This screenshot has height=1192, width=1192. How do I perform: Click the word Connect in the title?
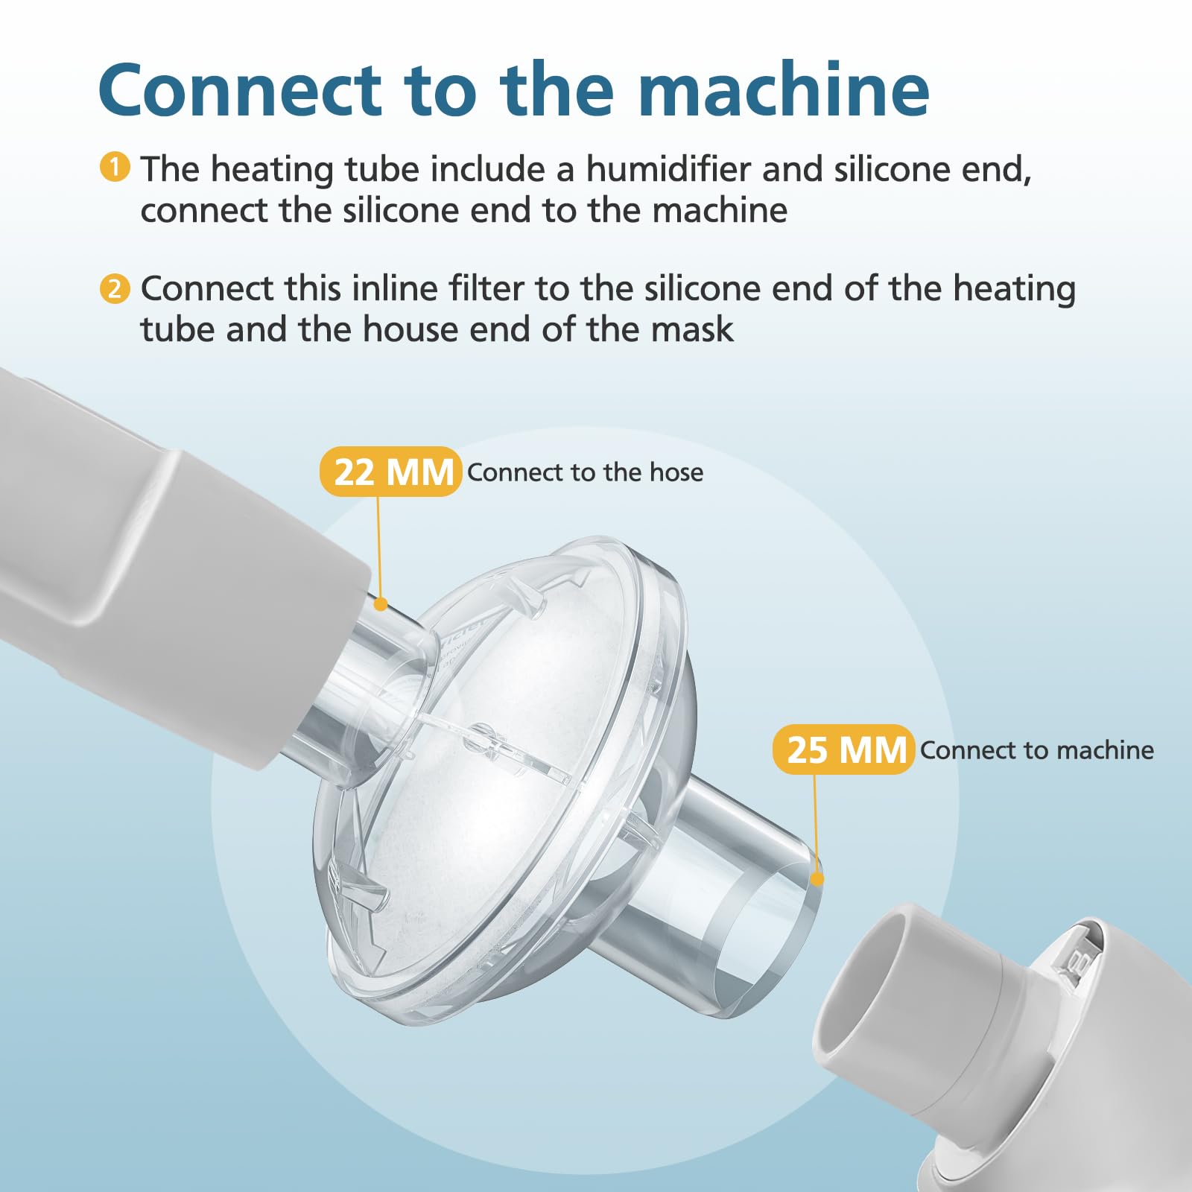[240, 90]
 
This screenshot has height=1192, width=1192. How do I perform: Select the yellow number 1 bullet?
[115, 167]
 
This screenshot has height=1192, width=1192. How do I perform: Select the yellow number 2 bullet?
[115, 288]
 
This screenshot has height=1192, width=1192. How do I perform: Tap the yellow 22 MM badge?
[391, 472]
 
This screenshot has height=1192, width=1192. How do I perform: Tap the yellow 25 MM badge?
[844, 749]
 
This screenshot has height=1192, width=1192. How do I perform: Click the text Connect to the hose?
[586, 472]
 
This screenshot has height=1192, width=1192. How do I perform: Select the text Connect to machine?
[1037, 749]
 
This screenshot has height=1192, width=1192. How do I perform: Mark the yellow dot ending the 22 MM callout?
[380, 603]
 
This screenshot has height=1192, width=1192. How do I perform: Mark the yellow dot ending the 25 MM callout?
[817, 879]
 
